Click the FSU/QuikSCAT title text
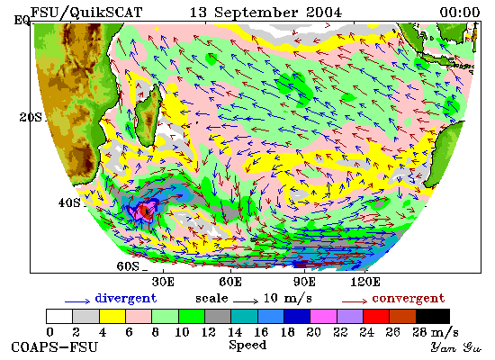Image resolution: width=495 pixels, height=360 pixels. (86, 13)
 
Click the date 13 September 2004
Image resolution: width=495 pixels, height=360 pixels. (265, 13)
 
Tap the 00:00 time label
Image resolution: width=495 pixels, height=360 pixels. (460, 13)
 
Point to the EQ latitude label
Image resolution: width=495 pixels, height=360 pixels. (22, 21)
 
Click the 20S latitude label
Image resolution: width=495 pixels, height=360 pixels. (31, 118)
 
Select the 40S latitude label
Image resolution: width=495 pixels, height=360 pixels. (69, 202)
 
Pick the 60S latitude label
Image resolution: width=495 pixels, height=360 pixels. (128, 266)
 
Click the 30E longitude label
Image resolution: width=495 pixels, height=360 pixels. (163, 282)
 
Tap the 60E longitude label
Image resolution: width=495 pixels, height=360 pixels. (230, 282)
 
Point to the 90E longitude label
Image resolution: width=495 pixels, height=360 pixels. (304, 282)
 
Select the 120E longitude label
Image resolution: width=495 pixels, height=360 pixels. (365, 282)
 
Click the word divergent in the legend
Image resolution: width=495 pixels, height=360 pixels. (126, 299)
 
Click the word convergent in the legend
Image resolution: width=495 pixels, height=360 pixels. (409, 299)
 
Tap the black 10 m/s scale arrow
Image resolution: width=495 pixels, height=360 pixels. (246, 301)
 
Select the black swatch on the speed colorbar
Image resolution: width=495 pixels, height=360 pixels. (433, 317)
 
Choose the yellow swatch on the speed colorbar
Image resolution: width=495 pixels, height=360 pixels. (112, 317)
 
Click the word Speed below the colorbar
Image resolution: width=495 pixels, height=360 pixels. (247, 346)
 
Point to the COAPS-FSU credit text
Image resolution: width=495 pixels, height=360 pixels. (54, 347)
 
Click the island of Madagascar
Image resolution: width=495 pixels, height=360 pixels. (148, 115)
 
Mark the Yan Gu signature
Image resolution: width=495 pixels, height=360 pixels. (456, 347)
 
